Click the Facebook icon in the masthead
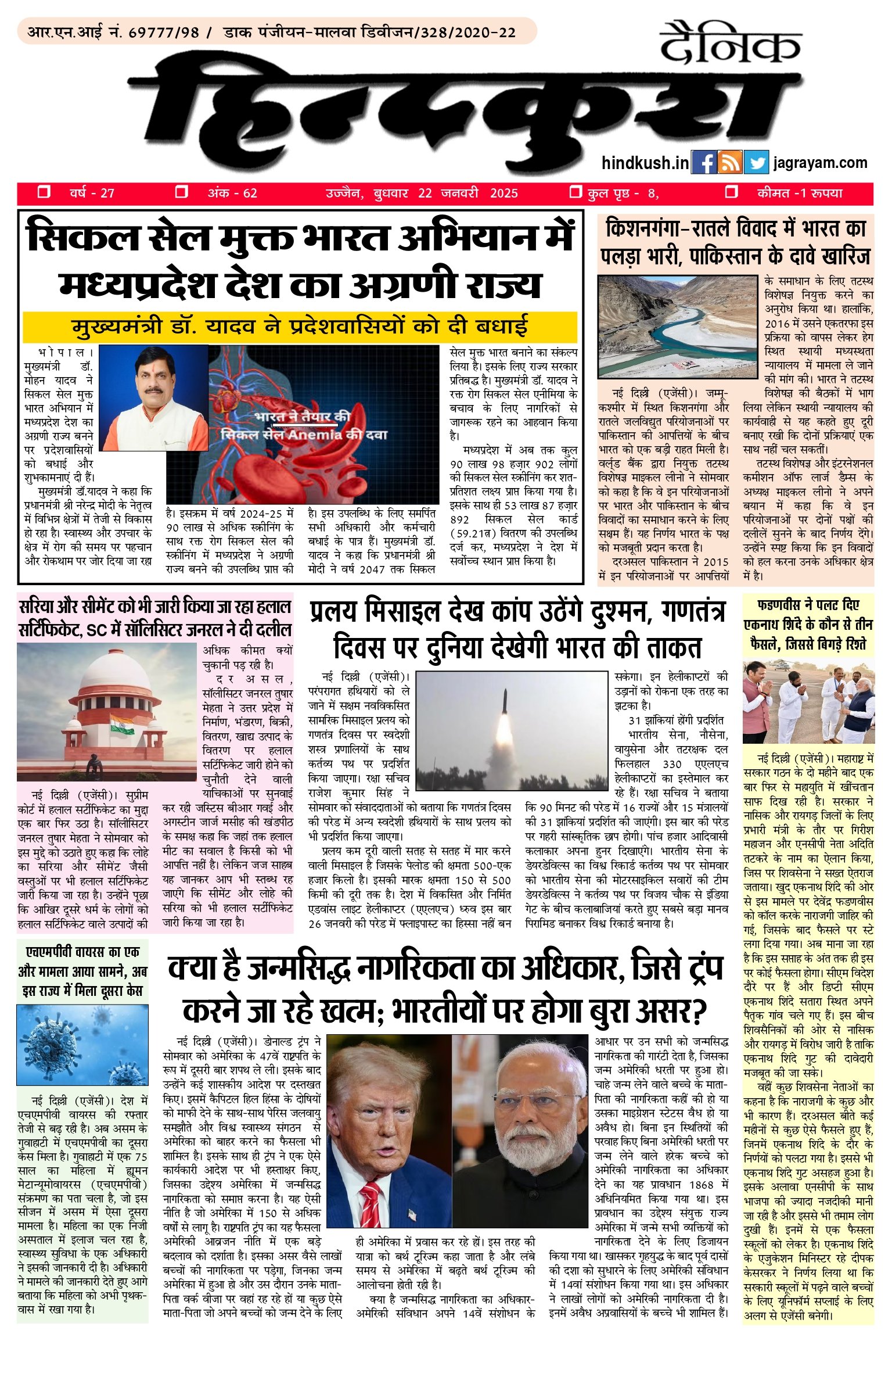coord(704,163)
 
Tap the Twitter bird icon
coord(756,163)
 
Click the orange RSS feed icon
coord(729,163)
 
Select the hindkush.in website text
coord(645,163)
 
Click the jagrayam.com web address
coord(820,163)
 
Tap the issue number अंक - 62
coord(232,193)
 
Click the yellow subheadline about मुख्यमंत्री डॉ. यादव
coord(300,327)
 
